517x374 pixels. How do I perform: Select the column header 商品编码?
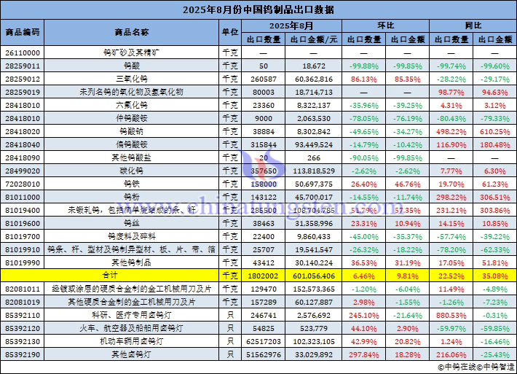tap(23, 33)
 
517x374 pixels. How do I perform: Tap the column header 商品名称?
tap(132, 33)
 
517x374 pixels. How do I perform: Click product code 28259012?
tap(23, 79)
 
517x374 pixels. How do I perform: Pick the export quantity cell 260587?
tap(263, 79)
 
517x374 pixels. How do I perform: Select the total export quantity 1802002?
tap(263, 276)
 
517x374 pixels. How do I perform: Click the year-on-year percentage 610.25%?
tap(495, 131)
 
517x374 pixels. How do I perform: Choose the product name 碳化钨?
tap(132, 171)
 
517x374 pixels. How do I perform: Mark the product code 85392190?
tap(23, 354)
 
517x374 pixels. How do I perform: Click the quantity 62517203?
tap(263, 341)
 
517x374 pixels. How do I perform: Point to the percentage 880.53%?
tap(451, 315)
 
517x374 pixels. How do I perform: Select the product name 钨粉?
tap(132, 197)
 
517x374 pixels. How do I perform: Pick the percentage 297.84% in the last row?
tap(363, 354)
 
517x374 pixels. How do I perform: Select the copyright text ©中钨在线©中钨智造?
tap(474, 367)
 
